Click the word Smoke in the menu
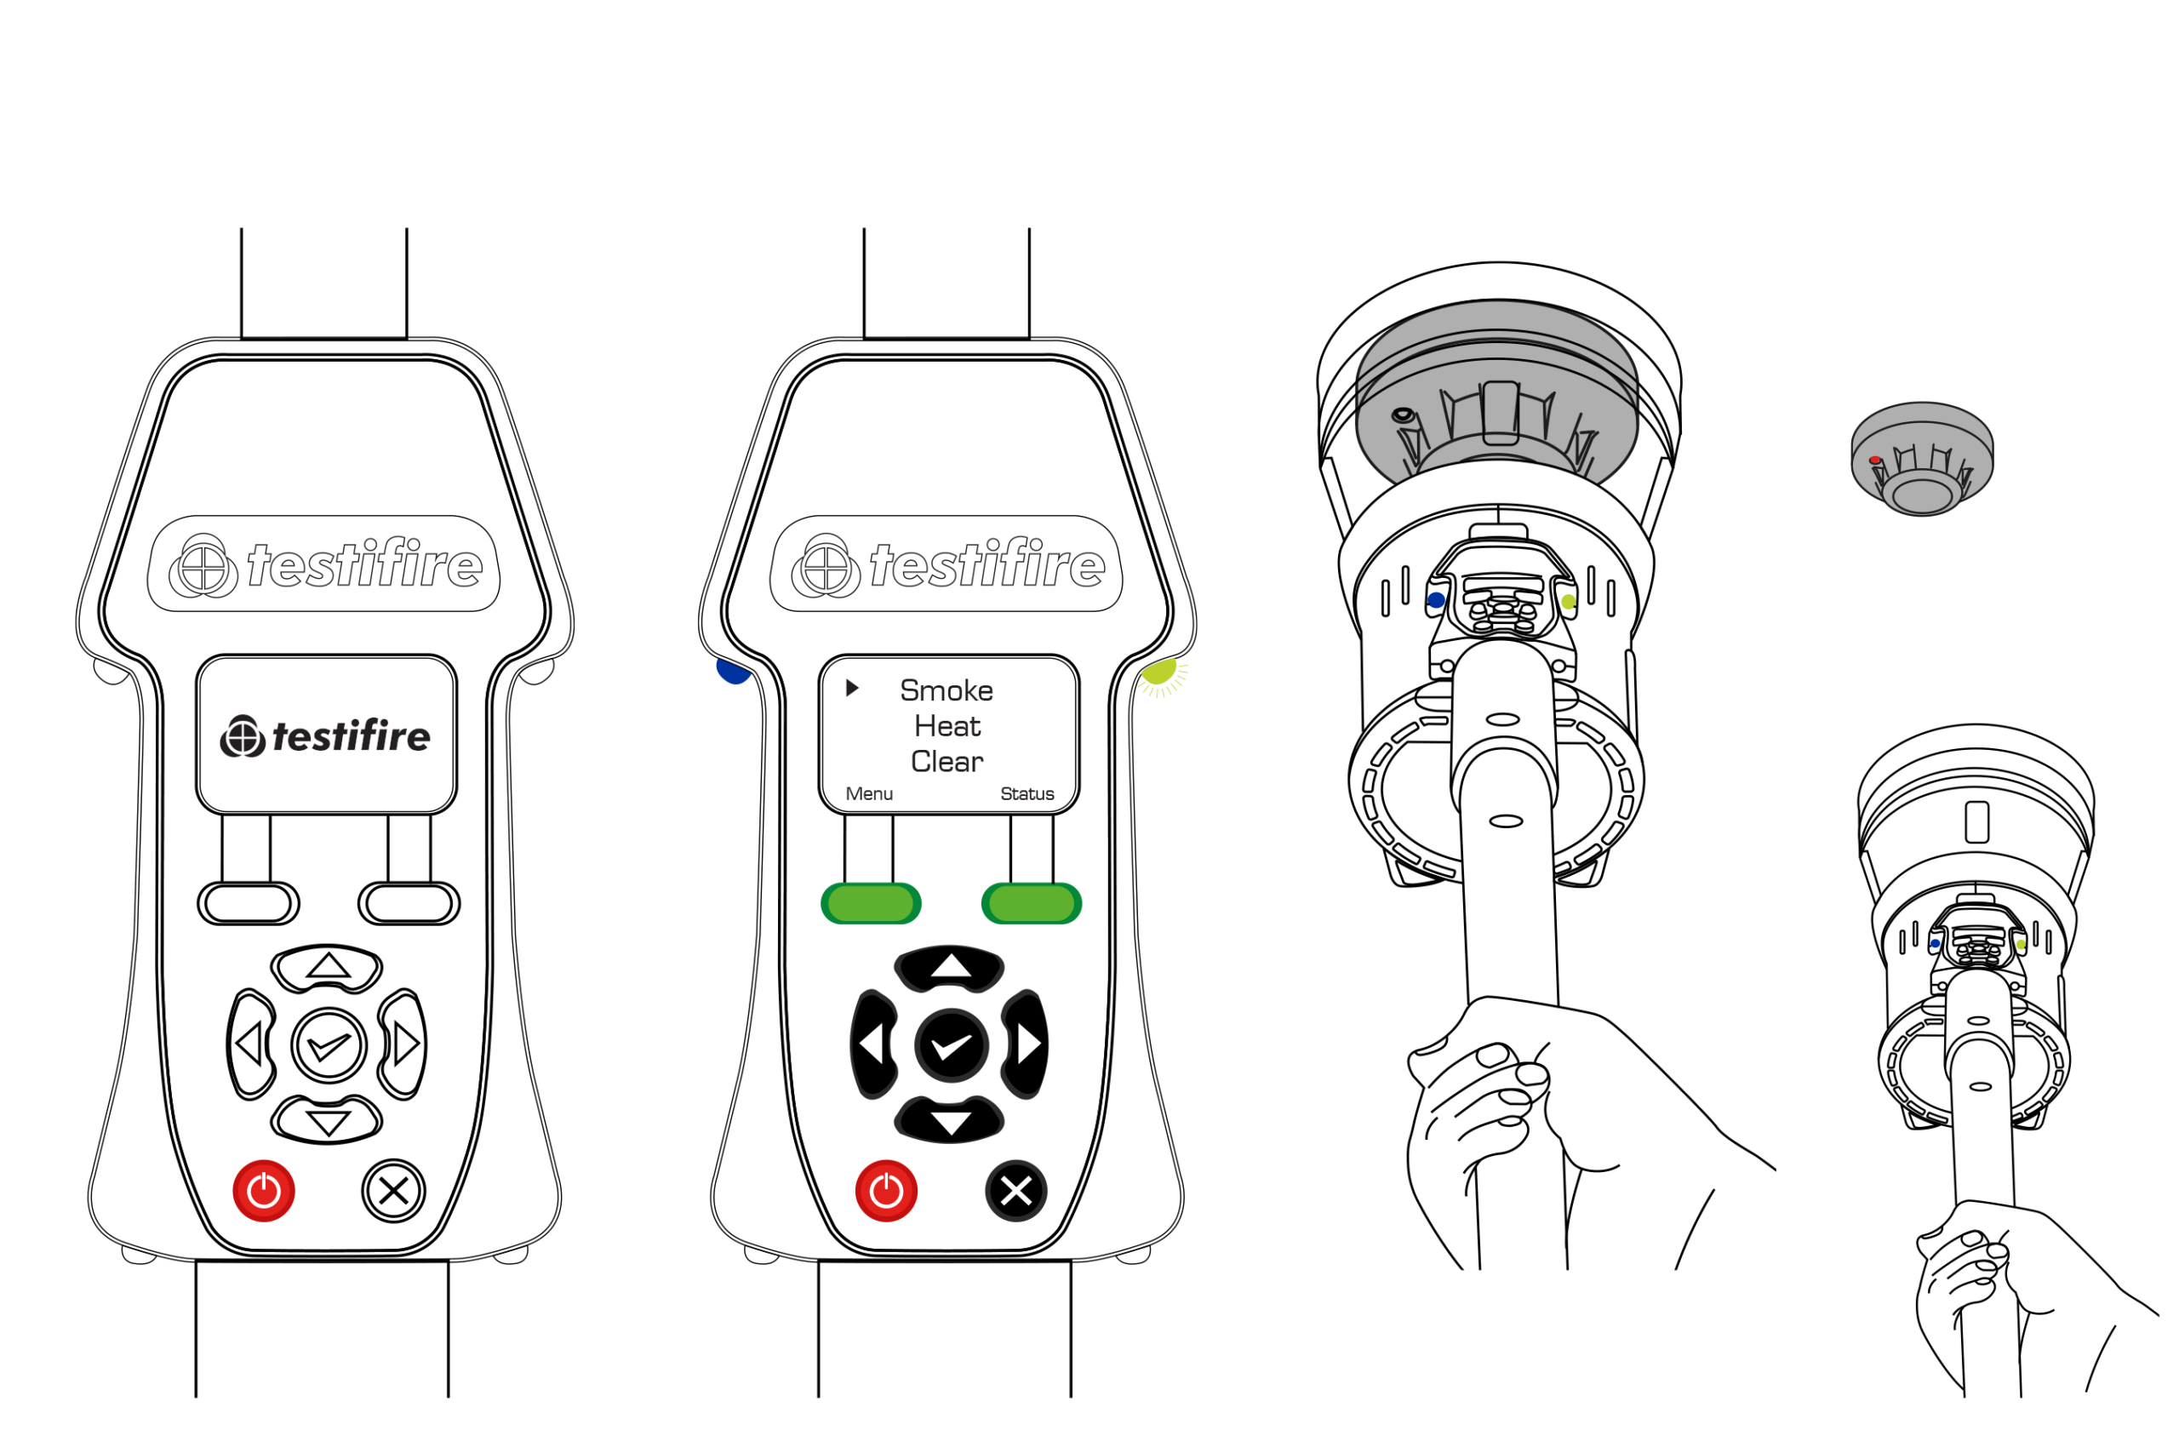tap(946, 690)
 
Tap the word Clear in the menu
tap(947, 761)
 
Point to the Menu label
tap(869, 794)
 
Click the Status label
tap(1027, 794)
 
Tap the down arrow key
tap(951, 1123)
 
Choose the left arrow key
tap(872, 1044)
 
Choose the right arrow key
tap(1027, 1044)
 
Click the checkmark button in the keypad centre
tap(952, 1046)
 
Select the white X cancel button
tap(1016, 1191)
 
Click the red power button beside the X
tap(887, 1191)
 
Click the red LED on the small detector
tap(1875, 460)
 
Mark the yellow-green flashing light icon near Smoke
tap(1162, 676)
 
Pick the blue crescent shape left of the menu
tap(732, 672)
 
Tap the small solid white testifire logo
tap(325, 736)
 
